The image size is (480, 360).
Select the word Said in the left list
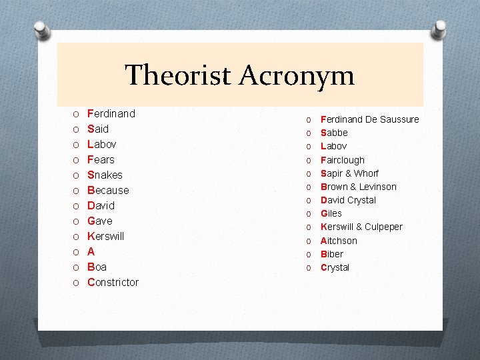[x=98, y=129]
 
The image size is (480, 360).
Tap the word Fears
[x=101, y=159]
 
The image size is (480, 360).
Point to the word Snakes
[x=105, y=175]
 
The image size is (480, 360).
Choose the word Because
[x=108, y=190]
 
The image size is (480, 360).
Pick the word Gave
[x=100, y=221]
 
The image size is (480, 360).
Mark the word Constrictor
[x=113, y=282]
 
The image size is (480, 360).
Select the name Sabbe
[x=335, y=133]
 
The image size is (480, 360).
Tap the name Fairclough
[x=343, y=160]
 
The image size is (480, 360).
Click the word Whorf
[x=366, y=173]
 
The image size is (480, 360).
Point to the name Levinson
[x=378, y=187]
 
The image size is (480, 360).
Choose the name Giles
[x=331, y=213]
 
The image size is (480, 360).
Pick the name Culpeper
[x=383, y=227]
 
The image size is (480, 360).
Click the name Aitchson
[x=339, y=241]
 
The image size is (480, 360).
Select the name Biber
[x=332, y=254]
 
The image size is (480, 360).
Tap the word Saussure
[x=397, y=119]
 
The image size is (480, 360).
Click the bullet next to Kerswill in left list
[x=76, y=237]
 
